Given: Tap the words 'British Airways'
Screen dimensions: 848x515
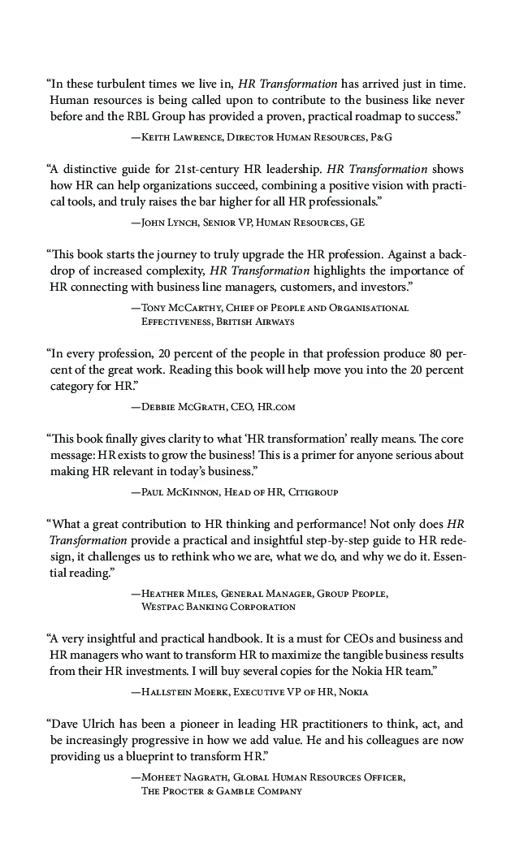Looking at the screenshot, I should tap(245, 321).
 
